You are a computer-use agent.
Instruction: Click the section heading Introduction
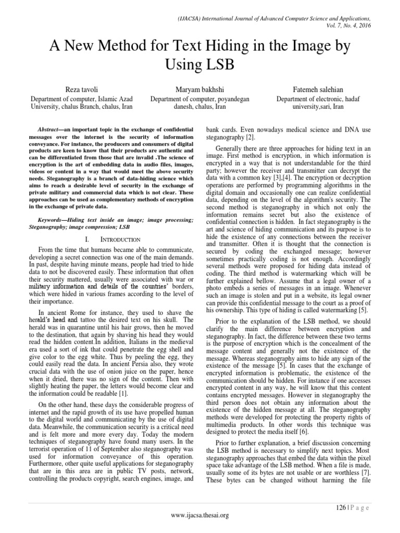tap(122, 239)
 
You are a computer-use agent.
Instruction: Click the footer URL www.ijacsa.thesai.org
tap(199, 521)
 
